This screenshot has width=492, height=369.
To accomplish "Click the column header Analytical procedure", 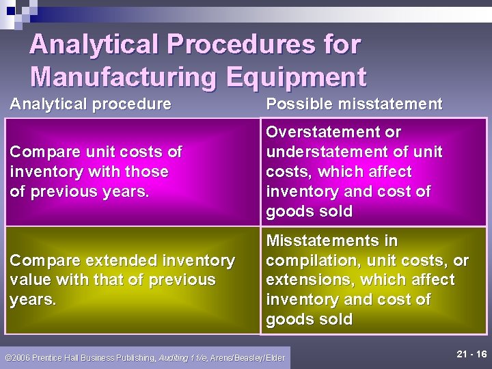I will coord(90,104).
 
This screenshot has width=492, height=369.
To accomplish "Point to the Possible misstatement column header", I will coord(354,104).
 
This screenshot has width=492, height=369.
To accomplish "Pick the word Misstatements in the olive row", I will coord(331,241).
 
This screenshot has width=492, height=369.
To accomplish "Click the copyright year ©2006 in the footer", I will coord(17,357).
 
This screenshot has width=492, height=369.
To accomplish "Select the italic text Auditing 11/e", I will coord(184,357).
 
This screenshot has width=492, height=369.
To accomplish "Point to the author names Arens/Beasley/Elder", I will coord(247,357).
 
